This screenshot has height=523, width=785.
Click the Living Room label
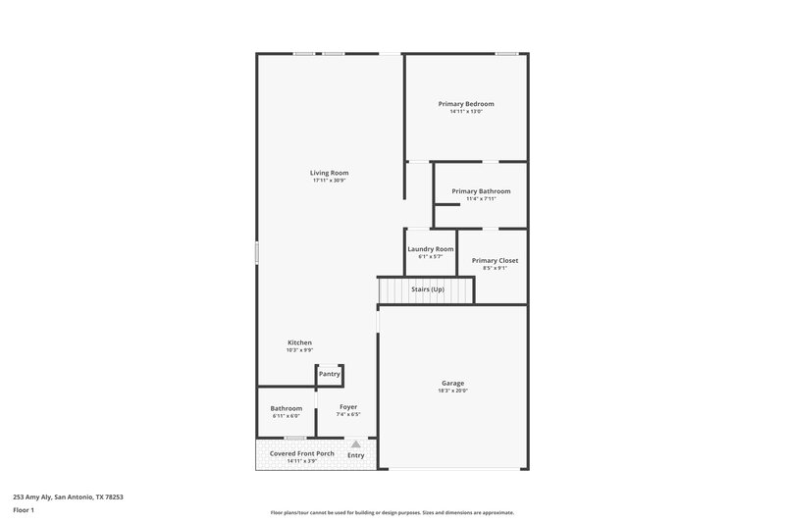click(331, 173)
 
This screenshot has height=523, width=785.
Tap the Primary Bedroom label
click(466, 104)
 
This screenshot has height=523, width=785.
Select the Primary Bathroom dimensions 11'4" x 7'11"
click(481, 199)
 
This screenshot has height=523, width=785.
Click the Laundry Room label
click(431, 249)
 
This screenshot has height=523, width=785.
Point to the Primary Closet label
click(495, 260)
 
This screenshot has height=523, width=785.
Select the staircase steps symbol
click(398, 290)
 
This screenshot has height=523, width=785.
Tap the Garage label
click(452, 383)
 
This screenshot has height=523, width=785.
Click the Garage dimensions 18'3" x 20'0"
click(452, 391)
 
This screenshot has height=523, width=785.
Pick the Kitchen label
click(299, 342)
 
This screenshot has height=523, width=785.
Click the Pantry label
click(329, 374)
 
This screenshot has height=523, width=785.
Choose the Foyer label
click(348, 406)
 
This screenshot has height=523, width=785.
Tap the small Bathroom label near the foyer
click(287, 408)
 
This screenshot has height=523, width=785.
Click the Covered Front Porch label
click(302, 453)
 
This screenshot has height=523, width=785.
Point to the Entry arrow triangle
click(356, 445)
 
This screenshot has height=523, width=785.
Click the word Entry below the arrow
click(356, 455)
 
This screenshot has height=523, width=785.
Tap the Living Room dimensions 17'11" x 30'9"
click(331, 181)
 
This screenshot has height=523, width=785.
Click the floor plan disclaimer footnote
click(392, 512)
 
